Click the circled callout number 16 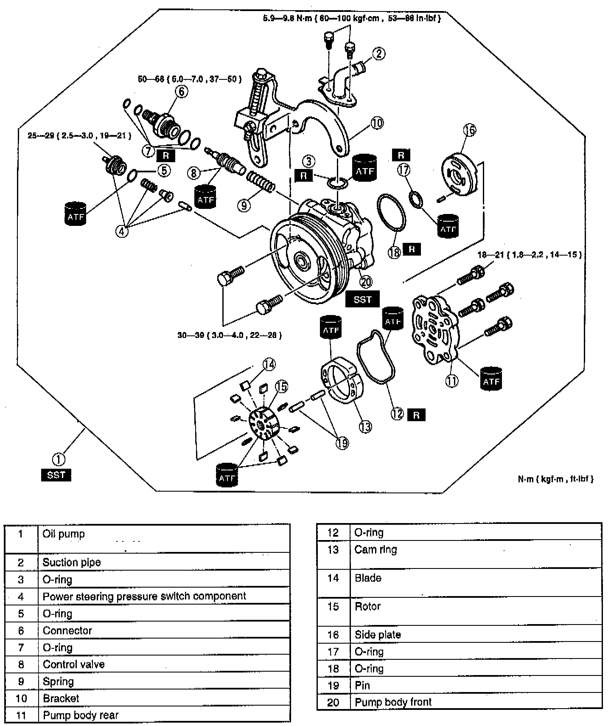click(470, 130)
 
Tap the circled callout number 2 click(379, 54)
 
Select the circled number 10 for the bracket click(377, 123)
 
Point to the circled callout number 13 click(365, 426)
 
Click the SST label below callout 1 click(56, 475)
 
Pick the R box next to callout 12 click(416, 414)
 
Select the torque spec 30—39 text click(230, 335)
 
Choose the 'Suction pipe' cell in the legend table click(72, 563)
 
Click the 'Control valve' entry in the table click(74, 664)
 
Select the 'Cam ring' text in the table click(376, 549)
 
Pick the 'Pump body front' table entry click(393, 702)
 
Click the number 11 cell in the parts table click(21, 715)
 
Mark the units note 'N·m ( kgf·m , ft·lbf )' click(555, 479)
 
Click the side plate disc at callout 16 click(460, 174)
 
